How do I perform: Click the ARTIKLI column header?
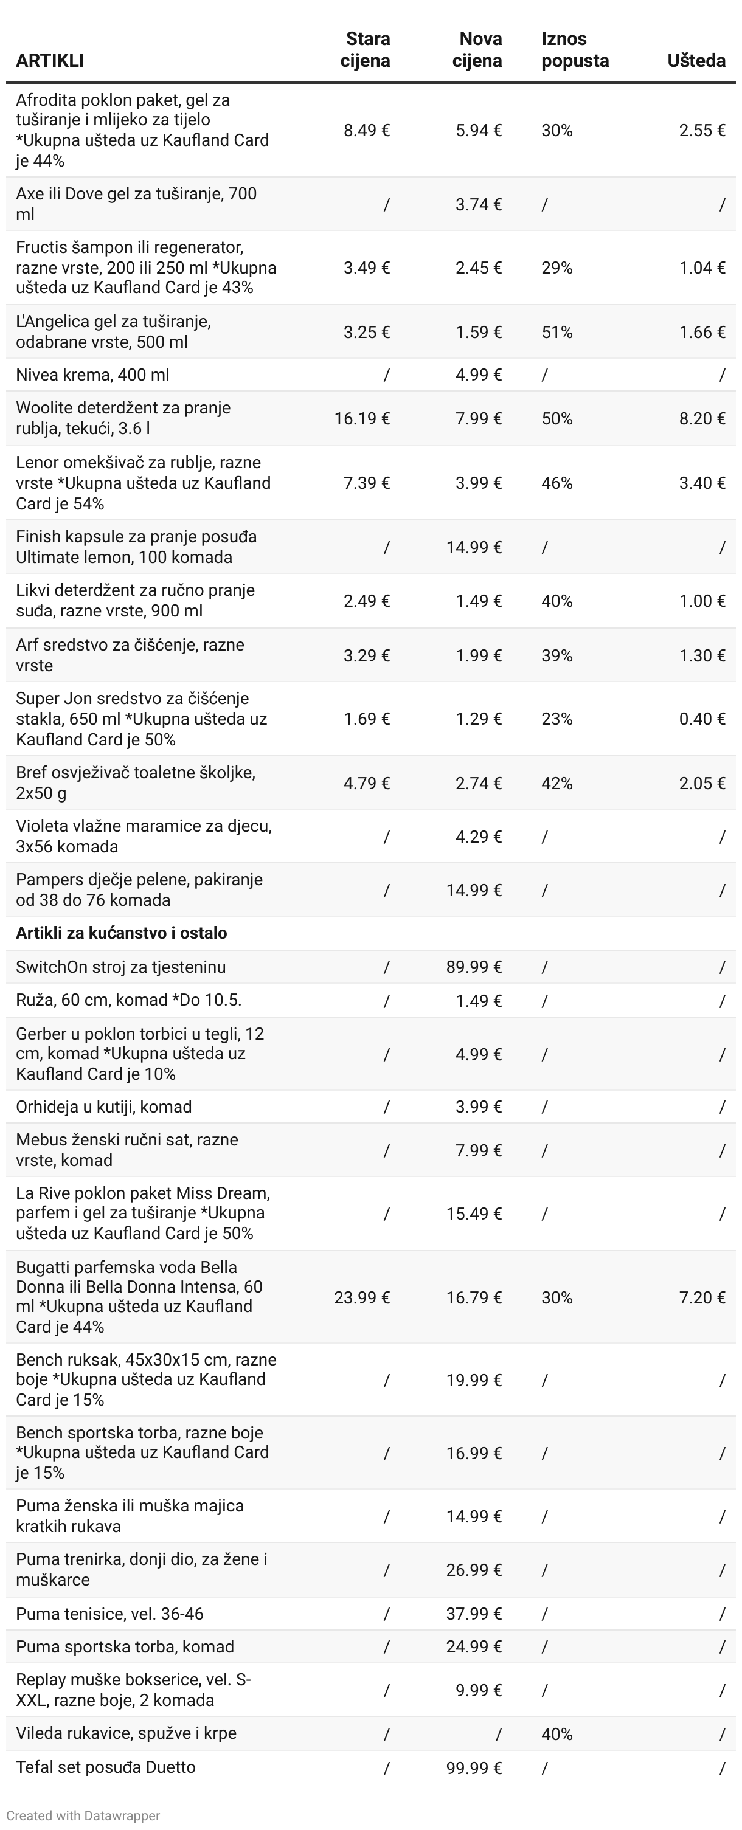(50, 60)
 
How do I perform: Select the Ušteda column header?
(696, 60)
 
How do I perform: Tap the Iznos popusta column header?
(574, 50)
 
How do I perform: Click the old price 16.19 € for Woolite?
(362, 418)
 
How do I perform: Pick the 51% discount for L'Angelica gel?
(556, 333)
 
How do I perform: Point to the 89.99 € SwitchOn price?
(473, 967)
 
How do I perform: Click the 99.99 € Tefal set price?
(473, 1767)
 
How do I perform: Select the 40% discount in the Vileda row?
(556, 1734)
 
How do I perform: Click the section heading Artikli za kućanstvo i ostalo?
(122, 933)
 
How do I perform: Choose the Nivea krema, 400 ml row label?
(92, 375)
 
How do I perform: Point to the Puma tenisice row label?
(109, 1614)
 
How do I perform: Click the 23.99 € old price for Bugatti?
(362, 1297)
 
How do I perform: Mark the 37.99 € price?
(473, 1614)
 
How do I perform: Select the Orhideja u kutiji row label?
(104, 1106)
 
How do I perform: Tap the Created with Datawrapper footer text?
(83, 1815)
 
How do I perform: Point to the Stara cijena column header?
(366, 50)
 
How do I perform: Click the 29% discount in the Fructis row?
(556, 268)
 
